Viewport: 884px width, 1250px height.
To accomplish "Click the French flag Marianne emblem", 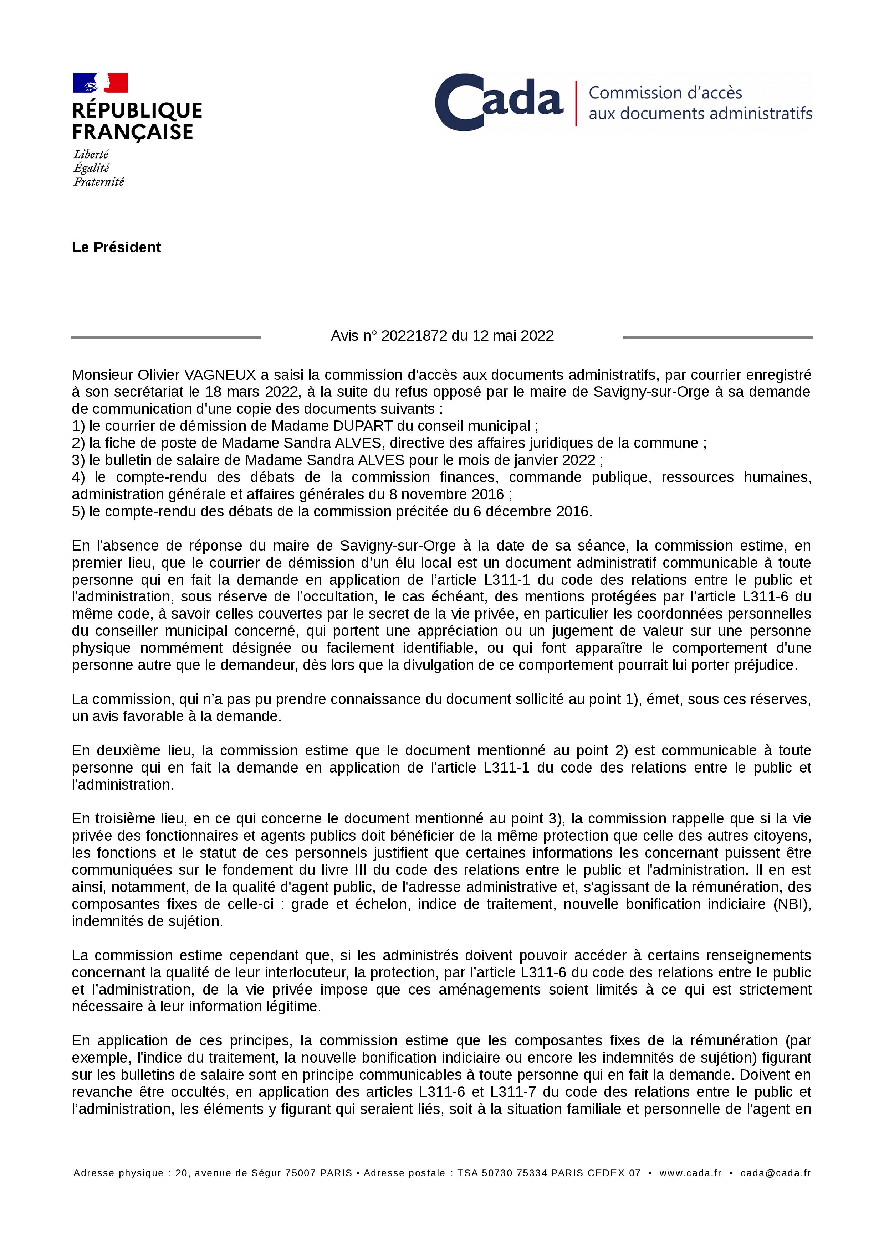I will tap(100, 83).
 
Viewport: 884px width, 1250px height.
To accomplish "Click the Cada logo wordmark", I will tap(499, 102).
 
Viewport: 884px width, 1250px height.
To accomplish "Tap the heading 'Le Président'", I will tap(116, 247).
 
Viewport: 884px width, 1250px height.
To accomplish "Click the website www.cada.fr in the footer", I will tap(690, 1173).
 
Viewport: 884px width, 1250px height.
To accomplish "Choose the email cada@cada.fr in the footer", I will tap(775, 1173).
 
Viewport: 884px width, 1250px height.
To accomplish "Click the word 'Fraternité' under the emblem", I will tap(98, 182).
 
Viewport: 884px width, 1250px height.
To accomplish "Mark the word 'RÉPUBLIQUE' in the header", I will tap(137, 110).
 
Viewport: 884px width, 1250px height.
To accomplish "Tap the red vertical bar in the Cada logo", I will tap(576, 103).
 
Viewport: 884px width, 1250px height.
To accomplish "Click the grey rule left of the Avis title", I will tap(166, 337).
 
